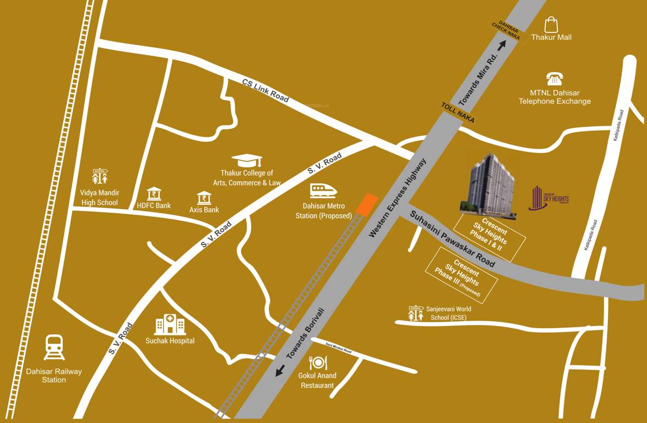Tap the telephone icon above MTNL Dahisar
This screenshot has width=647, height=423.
(553, 78)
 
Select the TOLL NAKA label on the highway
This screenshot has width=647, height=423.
(458, 112)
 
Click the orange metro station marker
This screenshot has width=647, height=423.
(366, 204)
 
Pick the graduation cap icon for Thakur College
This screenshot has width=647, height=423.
(247, 160)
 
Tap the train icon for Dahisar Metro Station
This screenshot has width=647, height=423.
(323, 191)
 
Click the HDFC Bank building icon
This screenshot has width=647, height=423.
(154, 194)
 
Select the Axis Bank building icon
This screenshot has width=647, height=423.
(204, 198)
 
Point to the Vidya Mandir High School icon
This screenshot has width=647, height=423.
(100, 177)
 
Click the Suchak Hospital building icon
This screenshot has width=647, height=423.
(170, 325)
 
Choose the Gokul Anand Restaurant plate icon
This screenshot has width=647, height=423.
(318, 362)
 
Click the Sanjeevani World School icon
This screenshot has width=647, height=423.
(416, 313)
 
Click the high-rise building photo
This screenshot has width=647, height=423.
(489, 183)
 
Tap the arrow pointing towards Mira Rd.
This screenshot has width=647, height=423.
(502, 46)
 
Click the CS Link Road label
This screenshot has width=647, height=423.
(265, 90)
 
